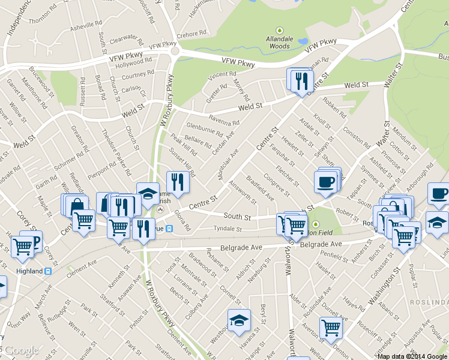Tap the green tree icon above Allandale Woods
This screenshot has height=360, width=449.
(279, 31)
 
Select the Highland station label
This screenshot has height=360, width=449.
(29, 271)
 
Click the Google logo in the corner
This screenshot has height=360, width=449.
(20, 350)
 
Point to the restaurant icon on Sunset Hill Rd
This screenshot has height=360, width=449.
(178, 181)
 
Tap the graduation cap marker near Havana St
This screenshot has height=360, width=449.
(238, 319)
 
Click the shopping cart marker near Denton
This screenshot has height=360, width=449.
(331, 328)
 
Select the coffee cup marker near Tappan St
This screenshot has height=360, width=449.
(325, 181)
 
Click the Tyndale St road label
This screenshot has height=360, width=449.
(228, 229)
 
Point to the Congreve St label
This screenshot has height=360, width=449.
(277, 185)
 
